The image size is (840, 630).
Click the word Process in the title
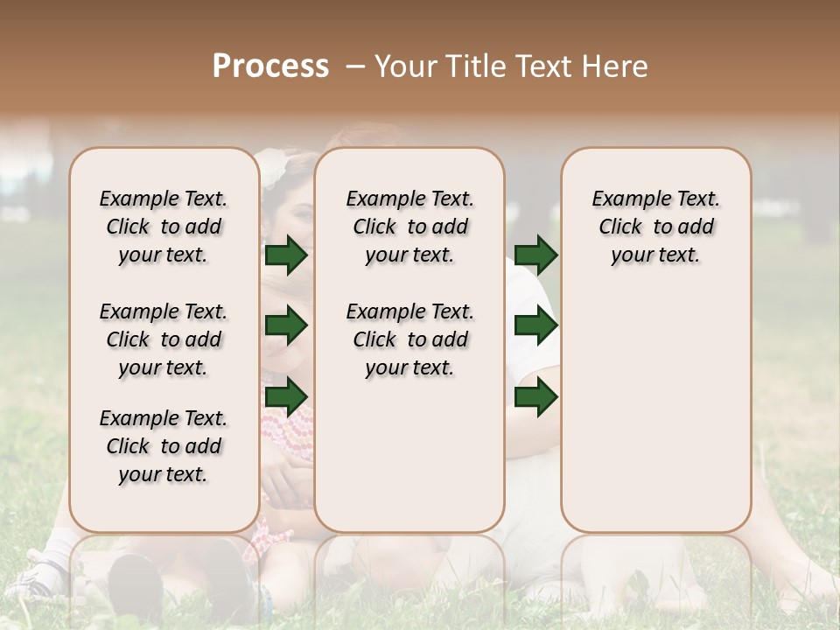[x=270, y=66]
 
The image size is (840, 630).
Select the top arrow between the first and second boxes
[x=286, y=255]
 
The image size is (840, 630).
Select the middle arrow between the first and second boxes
[x=286, y=326]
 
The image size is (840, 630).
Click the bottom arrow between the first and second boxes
[x=286, y=396]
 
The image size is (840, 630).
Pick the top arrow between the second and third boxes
[x=535, y=255]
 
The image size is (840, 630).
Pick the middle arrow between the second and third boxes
[x=535, y=326]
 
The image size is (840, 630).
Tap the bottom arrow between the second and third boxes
[x=535, y=396]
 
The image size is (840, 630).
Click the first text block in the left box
[x=164, y=227]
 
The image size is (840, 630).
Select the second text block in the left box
[x=164, y=339]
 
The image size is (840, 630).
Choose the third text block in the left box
[x=164, y=446]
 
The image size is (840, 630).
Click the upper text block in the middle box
[x=409, y=227]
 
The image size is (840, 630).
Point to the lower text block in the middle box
[x=409, y=339]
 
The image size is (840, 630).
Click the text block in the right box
[x=655, y=227]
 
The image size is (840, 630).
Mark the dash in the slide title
[x=354, y=66]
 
